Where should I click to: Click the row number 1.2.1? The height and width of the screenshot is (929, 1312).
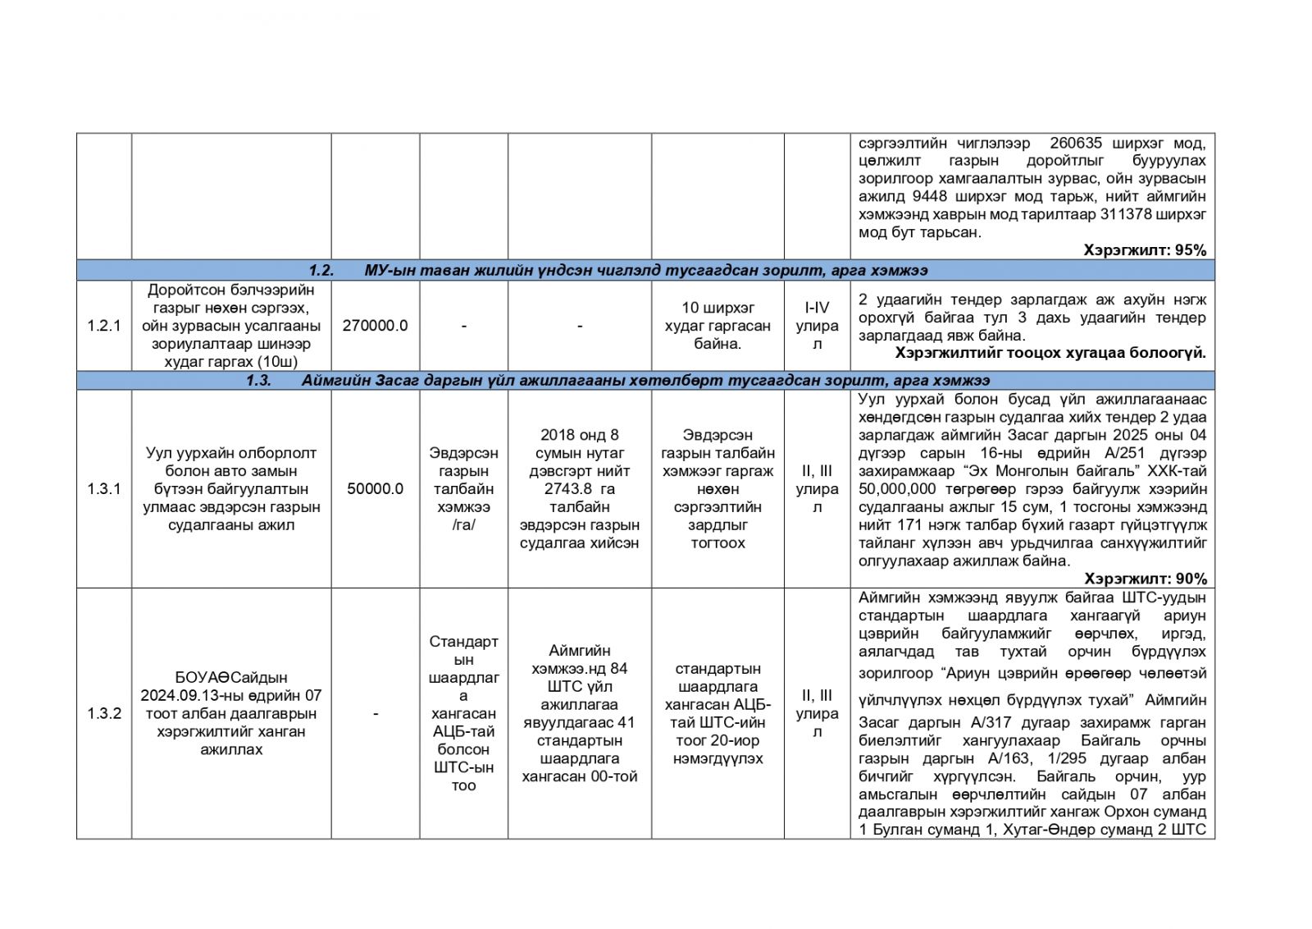point(104,326)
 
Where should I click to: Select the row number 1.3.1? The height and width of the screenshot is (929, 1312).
point(104,489)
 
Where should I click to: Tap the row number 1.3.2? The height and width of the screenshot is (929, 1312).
point(104,713)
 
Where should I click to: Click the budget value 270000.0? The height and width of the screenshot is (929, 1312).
point(375,326)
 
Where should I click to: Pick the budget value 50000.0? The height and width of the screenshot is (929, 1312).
point(375,489)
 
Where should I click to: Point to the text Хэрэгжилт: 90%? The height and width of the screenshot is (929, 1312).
point(1145,579)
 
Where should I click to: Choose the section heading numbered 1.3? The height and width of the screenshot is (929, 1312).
point(618,381)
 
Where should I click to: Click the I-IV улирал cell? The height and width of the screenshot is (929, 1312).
point(817,326)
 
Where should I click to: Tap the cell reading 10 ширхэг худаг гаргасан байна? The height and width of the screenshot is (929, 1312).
point(717,326)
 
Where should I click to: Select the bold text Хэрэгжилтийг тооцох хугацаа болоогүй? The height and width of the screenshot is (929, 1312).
point(1050,354)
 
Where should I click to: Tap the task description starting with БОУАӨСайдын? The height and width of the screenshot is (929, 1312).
point(231,713)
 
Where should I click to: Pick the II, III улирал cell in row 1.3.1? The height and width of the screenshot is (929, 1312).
point(817,489)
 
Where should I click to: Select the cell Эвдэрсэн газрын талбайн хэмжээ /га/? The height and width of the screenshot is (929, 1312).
point(463,489)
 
